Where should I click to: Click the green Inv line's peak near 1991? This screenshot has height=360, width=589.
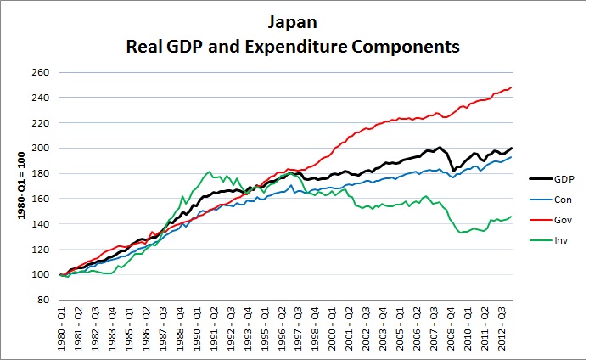click(209, 172)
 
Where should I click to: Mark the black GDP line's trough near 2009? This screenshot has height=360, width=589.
click(454, 171)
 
